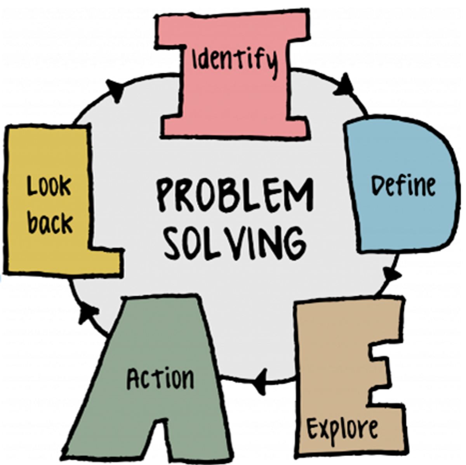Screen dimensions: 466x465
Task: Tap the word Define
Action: coord(403,186)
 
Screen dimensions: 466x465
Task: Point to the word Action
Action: coord(160,379)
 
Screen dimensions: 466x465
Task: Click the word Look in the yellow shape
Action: coord(49,186)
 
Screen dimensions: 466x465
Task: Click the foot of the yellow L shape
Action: coord(104,263)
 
